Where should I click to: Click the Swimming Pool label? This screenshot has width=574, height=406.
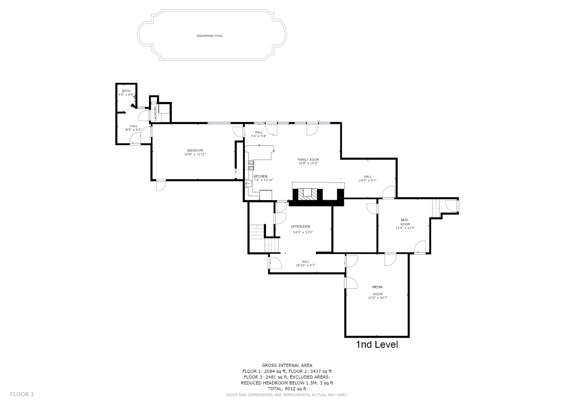(x=210, y=36)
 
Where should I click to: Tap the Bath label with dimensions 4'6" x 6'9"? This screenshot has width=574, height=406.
(x=126, y=93)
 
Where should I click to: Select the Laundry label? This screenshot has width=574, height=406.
(x=155, y=113)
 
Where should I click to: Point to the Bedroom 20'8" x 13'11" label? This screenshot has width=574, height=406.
(x=195, y=152)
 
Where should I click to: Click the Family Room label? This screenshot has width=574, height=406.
(x=308, y=161)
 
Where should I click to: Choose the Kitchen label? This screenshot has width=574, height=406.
(x=261, y=178)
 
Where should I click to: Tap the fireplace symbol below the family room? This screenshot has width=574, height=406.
(x=307, y=193)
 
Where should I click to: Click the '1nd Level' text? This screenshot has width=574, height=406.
(x=376, y=344)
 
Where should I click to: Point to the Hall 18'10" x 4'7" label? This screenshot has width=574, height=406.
(x=305, y=263)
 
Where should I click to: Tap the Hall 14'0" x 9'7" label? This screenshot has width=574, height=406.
(x=368, y=178)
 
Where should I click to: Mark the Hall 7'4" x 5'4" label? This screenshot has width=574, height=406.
(x=259, y=134)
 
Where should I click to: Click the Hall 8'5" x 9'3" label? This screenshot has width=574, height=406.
(x=134, y=128)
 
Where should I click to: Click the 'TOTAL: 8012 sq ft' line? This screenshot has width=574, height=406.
(x=287, y=388)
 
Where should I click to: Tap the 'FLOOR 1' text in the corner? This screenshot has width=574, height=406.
(x=22, y=394)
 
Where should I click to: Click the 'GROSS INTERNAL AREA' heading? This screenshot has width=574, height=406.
(x=287, y=365)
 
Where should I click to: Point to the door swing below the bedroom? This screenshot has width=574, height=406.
(x=161, y=185)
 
